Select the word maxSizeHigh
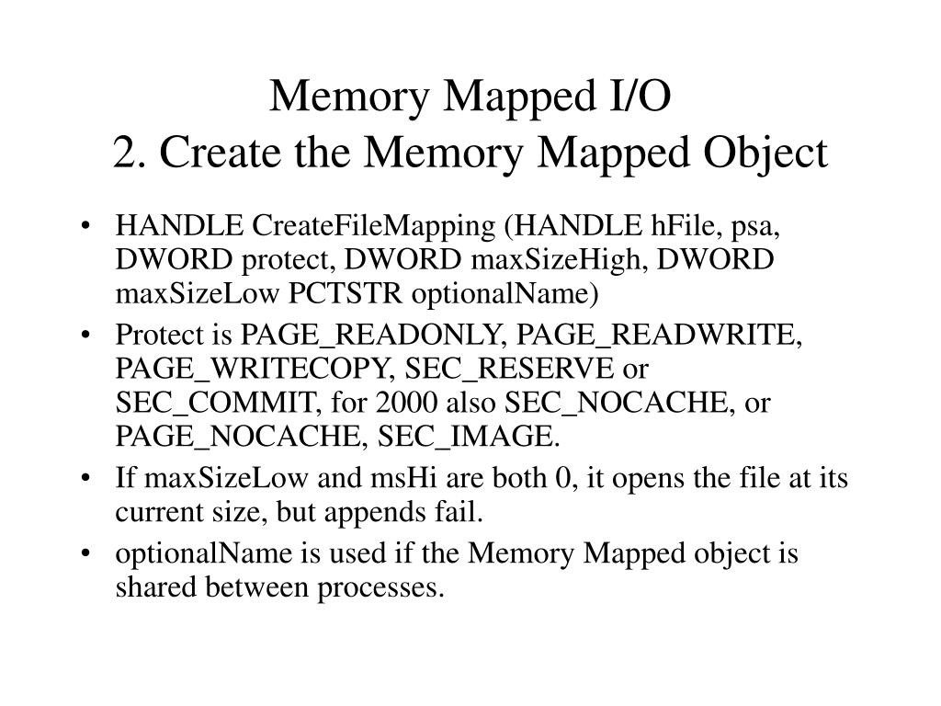540,260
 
